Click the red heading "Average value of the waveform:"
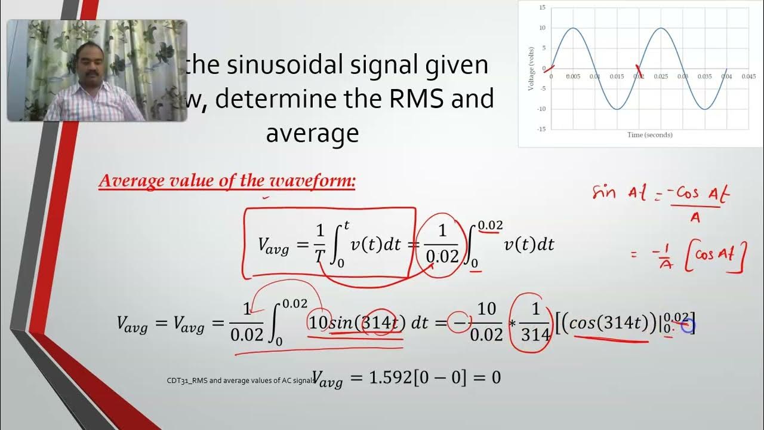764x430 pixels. [227, 181]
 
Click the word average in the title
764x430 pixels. [312, 133]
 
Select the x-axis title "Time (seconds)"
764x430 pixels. [649, 135]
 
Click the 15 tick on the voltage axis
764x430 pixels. [542, 8]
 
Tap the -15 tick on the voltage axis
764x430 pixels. [541, 129]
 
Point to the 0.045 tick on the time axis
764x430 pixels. [748, 76]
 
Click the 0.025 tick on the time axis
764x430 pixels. [660, 76]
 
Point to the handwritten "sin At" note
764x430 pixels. [615, 193]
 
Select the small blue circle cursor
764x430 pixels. [687, 325]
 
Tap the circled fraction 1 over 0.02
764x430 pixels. [442, 244]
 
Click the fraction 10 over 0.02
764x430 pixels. [486, 323]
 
